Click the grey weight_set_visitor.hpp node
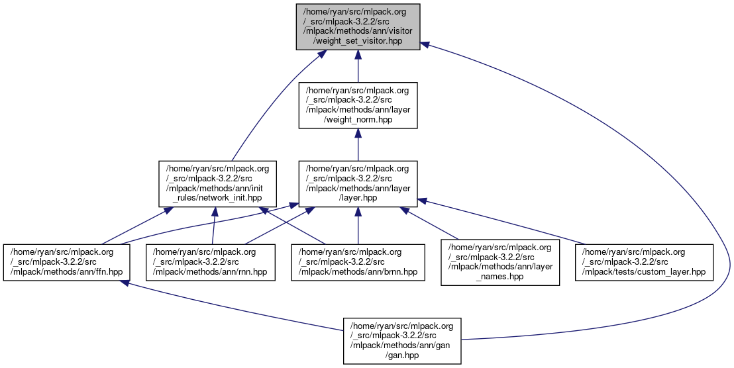tap(358, 26)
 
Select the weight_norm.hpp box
tap(358, 105)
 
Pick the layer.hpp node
tap(358, 184)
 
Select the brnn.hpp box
tap(358, 262)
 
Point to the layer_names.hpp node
tap(501, 262)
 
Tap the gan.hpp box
tap(401, 340)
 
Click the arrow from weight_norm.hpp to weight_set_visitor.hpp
tap(358, 66)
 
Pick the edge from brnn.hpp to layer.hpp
tap(358, 226)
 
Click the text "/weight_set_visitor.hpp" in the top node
tap(358, 41)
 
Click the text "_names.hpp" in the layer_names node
tap(501, 277)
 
